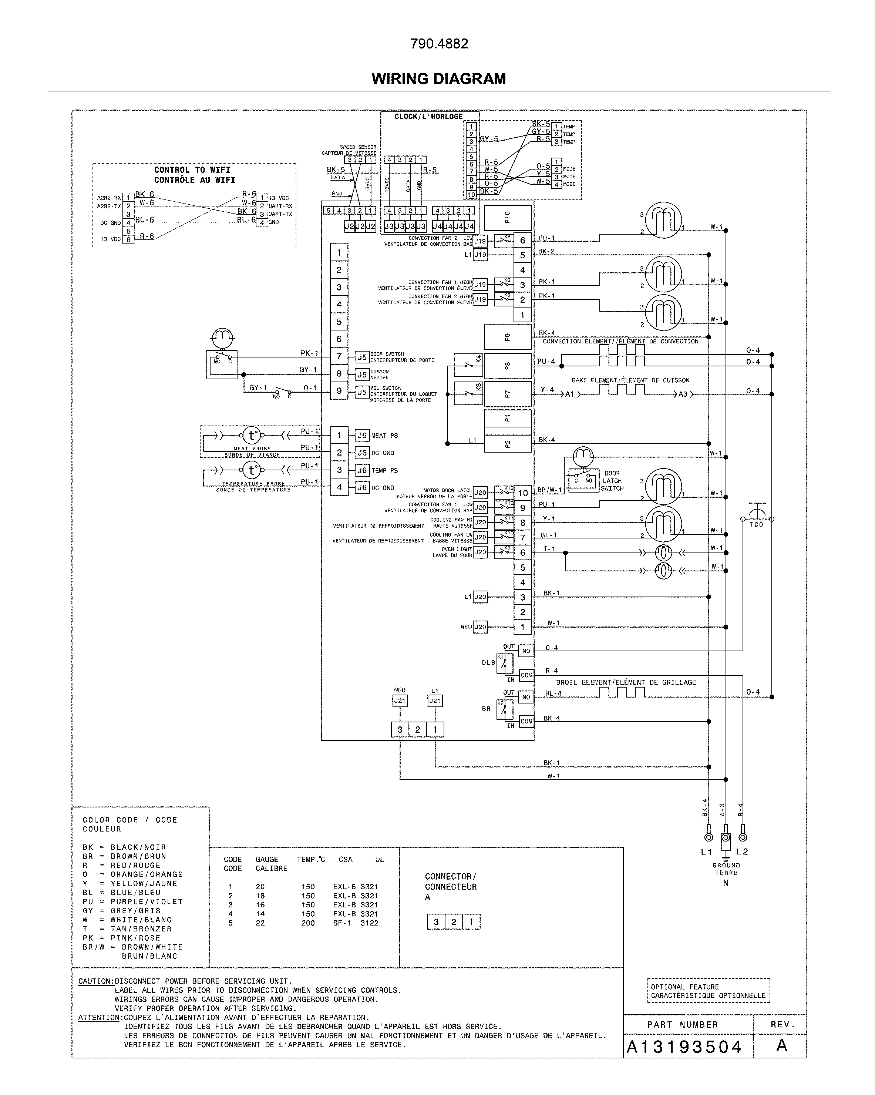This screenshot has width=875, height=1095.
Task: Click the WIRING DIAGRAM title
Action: tap(438, 79)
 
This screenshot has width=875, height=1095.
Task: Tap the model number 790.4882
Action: tap(439, 44)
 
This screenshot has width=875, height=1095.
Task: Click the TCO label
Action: tap(756, 525)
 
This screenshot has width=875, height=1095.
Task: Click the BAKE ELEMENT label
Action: tap(630, 380)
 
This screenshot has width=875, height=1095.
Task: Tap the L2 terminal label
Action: tap(742, 852)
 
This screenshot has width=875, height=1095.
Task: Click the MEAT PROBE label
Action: tap(252, 449)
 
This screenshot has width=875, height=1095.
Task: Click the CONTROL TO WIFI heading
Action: tap(192, 170)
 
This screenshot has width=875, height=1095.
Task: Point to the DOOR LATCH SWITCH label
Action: tap(612, 480)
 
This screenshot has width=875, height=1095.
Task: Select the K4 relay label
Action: tap(478, 359)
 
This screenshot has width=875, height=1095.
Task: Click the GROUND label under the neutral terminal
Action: tap(726, 866)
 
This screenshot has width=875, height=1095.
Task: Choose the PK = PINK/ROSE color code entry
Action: tap(121, 938)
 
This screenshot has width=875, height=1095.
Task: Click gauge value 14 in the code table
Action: tap(260, 914)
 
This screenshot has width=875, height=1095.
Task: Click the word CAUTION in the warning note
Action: tap(95, 981)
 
